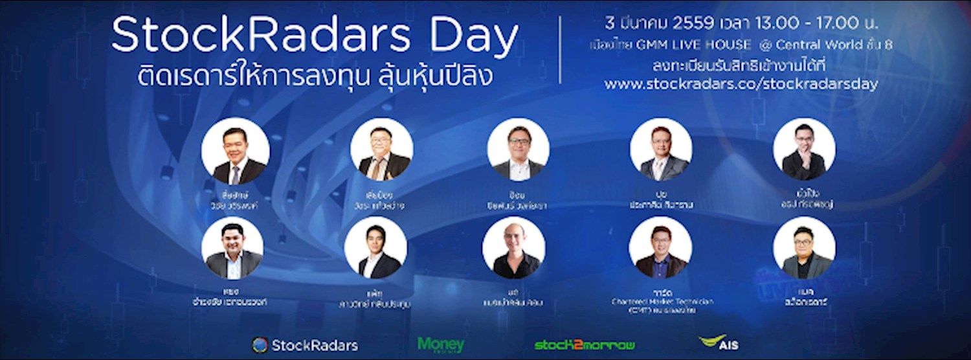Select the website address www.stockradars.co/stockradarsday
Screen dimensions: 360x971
pos(741,85)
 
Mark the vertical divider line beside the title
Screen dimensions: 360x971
pos(560,51)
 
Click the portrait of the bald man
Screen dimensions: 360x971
pos(513,248)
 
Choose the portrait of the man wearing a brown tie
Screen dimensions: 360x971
pos(381,149)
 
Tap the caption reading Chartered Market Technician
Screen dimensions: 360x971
pos(660,302)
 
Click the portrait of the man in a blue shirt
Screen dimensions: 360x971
pos(660,248)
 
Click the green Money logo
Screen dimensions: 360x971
pos(440,344)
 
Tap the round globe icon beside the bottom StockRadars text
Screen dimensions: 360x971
pos(260,345)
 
